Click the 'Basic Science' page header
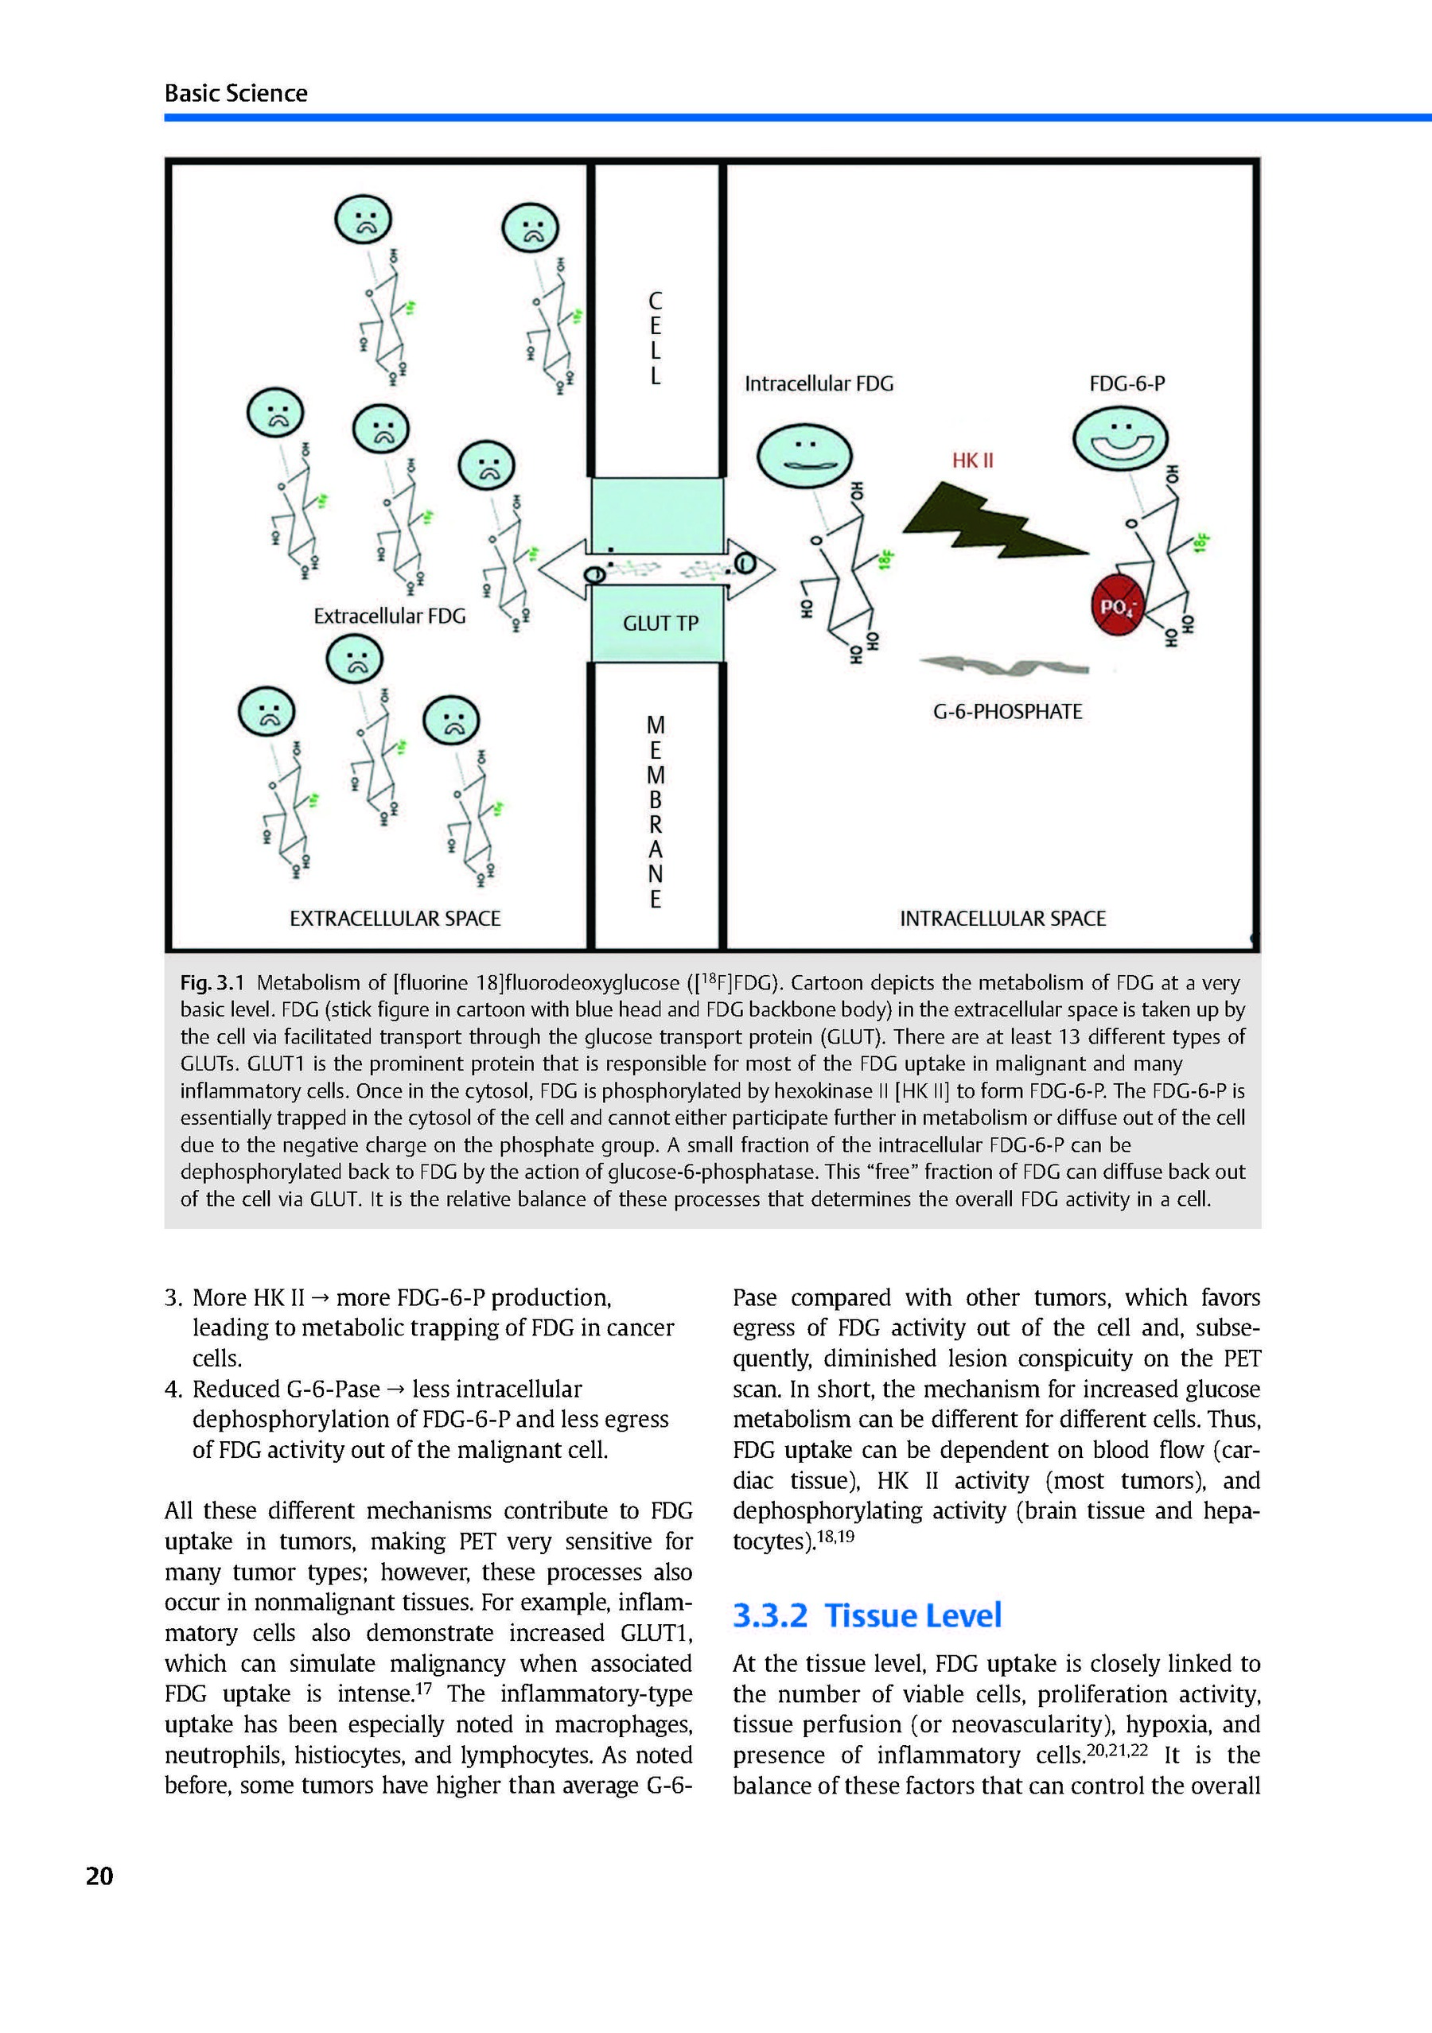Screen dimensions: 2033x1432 tap(235, 93)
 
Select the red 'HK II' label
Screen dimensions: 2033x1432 tap(972, 461)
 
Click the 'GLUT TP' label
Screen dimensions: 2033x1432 tap(660, 624)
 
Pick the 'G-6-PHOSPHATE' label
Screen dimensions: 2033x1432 tap(1007, 712)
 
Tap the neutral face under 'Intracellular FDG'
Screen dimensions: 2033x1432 tap(804, 455)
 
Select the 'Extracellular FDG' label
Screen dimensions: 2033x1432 tap(389, 616)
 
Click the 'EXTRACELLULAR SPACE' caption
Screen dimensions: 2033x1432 tap(395, 919)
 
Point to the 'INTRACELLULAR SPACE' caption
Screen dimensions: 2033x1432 tap(1002, 919)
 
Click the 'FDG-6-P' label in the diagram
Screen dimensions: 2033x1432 tap(1127, 384)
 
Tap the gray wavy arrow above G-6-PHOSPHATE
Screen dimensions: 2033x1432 tap(1004, 664)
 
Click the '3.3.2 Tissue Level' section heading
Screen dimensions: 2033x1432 tap(866, 1615)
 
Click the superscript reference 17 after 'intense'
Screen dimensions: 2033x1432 tap(423, 1688)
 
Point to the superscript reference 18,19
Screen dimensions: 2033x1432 tap(835, 1536)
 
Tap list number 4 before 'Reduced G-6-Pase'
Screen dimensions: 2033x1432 tap(173, 1390)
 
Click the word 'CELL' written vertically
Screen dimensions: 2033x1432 tap(656, 338)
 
